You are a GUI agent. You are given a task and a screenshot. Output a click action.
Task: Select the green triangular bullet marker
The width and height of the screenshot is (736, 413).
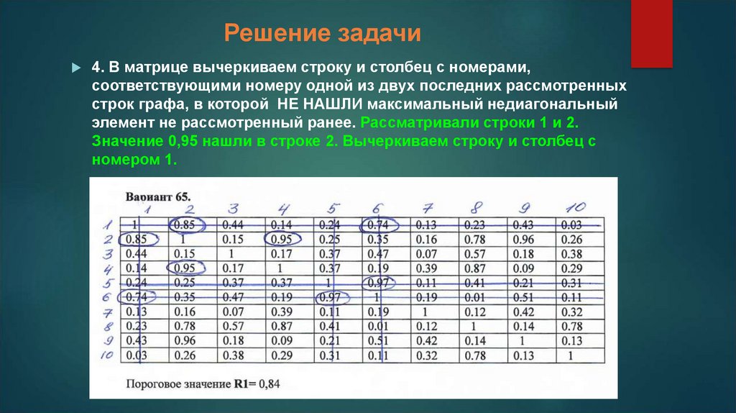(75, 68)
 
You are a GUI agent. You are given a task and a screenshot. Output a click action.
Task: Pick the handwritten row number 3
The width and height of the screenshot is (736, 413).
(109, 254)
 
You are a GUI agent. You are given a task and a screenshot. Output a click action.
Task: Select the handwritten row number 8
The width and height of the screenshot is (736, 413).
(109, 325)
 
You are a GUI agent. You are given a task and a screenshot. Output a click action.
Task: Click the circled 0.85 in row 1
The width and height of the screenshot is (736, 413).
(187, 224)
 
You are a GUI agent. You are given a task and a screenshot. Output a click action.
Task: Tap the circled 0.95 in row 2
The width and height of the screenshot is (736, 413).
(283, 239)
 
